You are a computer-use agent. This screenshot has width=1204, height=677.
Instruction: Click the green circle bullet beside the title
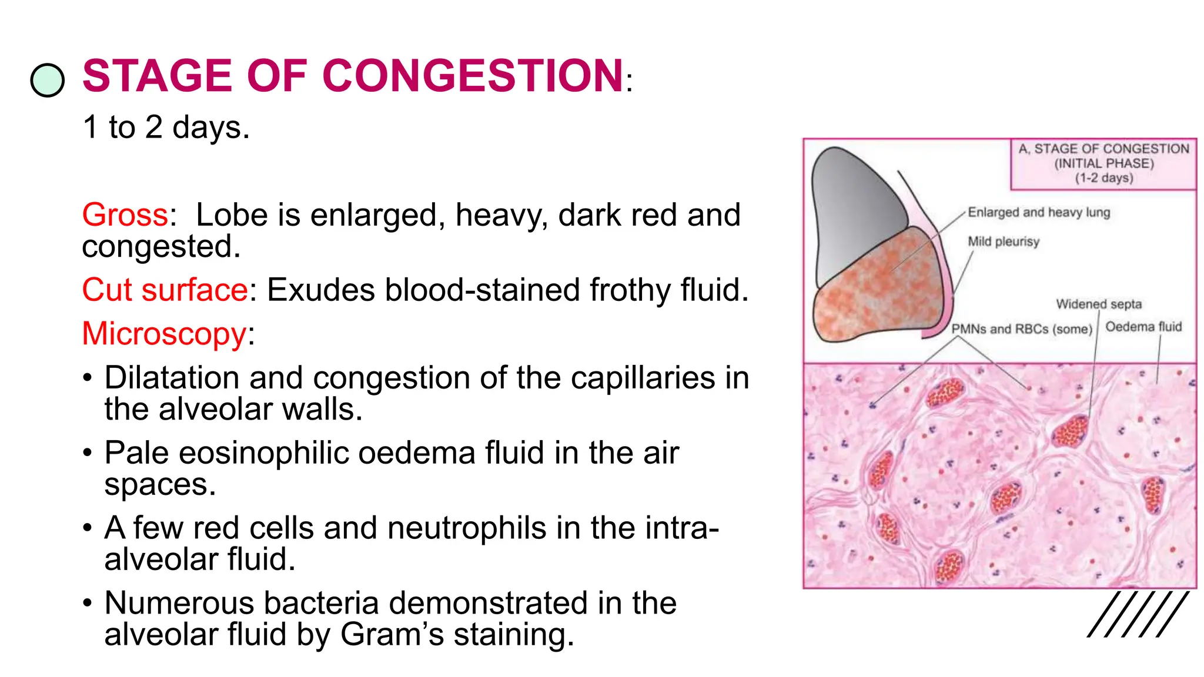(47, 80)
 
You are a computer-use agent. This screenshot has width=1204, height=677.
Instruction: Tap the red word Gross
(125, 215)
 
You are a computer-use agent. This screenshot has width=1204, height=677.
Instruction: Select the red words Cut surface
(165, 290)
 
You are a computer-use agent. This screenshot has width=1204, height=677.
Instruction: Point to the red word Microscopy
(164, 334)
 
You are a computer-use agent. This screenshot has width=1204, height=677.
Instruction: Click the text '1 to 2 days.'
(166, 127)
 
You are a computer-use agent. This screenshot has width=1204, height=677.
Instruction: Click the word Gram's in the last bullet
(392, 635)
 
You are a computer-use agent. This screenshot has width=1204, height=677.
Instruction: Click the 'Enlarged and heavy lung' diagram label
(1039, 212)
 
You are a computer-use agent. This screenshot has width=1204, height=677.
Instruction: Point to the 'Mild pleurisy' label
(1004, 242)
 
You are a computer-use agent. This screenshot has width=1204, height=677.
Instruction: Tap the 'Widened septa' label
(1099, 304)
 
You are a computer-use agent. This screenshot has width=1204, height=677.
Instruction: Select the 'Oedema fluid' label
(1143, 327)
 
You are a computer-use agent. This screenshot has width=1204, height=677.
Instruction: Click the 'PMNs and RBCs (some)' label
(1022, 329)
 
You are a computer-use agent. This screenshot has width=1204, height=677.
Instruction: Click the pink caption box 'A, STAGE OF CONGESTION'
(1103, 163)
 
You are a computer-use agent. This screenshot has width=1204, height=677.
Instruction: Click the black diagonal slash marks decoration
(1138, 614)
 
